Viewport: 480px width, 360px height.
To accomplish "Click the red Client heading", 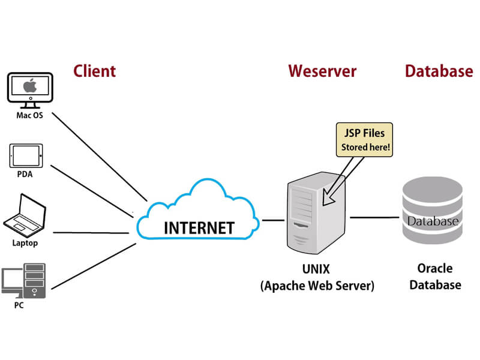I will (x=94, y=71).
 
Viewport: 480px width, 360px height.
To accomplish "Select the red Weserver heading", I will (x=322, y=71).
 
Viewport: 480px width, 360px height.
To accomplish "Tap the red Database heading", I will (x=439, y=71).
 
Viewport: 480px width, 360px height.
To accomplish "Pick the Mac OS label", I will (x=29, y=115).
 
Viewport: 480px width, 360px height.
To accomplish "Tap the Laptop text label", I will (x=25, y=243).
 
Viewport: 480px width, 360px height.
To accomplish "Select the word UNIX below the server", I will (x=317, y=268).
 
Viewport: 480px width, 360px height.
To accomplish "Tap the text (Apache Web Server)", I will (x=317, y=286).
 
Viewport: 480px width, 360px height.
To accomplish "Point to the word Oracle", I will (x=436, y=268).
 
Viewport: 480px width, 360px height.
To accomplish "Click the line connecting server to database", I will (x=375, y=217).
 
